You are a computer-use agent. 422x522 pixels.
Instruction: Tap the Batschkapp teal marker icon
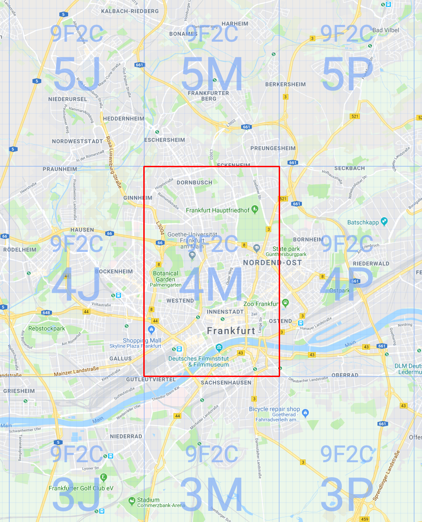pos(384,221)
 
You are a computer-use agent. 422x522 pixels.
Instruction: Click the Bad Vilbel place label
pos(385,30)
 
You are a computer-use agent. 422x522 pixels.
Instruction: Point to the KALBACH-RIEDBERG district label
pos(129,11)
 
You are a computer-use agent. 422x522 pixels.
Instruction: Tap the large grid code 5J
pos(77,74)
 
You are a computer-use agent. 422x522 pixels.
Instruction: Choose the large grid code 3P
pos(347,495)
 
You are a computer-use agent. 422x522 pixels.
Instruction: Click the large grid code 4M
pos(211,285)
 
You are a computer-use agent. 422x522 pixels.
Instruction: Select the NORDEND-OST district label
pos(272,263)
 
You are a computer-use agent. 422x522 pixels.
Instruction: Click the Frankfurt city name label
pos(231,331)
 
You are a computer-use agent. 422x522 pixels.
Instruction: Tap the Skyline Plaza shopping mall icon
pos(151,330)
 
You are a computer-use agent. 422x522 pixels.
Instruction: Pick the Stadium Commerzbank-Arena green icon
pos(132,500)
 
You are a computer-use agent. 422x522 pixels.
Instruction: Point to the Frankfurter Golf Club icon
pos(103,477)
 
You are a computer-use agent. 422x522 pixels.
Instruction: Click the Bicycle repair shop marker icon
pos(305,412)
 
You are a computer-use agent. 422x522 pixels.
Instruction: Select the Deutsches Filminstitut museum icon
pos(219,348)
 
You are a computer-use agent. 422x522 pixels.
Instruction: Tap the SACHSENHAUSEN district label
pos(226,383)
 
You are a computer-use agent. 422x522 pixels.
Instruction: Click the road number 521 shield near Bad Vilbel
pos(355,116)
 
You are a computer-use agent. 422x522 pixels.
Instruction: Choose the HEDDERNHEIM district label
pos(123,119)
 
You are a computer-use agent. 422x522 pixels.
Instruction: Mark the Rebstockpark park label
pos(46,328)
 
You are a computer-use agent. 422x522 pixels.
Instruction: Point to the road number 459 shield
pos(365,519)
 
